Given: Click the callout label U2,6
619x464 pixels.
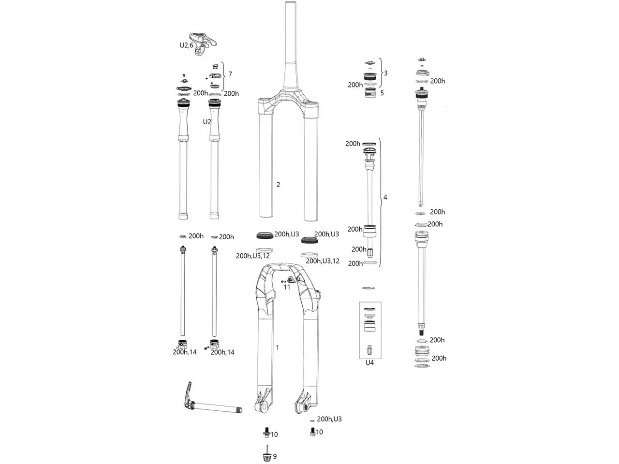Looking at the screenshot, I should click(x=186, y=45).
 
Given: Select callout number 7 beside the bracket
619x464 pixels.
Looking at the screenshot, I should click(x=230, y=74).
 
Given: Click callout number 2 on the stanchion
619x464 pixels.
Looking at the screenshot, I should click(x=278, y=185).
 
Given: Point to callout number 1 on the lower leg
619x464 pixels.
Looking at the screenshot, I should click(x=278, y=348).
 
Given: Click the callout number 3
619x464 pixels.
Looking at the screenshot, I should click(x=385, y=73).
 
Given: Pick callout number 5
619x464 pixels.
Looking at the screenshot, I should click(x=382, y=93).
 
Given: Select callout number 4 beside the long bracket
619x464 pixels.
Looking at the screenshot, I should click(x=385, y=197).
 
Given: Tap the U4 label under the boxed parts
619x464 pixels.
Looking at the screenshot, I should click(x=369, y=362).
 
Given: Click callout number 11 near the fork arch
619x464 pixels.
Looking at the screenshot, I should click(x=287, y=287).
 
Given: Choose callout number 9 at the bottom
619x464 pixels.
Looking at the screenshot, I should click(x=275, y=456).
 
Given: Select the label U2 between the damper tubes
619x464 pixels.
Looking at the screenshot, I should click(x=207, y=122).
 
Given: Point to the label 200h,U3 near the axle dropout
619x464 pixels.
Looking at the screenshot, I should click(x=329, y=419).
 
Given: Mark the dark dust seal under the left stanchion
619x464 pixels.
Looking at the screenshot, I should click(x=264, y=236).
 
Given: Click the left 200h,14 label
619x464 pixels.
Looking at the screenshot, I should click(x=185, y=352).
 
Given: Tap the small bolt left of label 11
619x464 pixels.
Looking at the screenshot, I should click(x=283, y=280).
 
